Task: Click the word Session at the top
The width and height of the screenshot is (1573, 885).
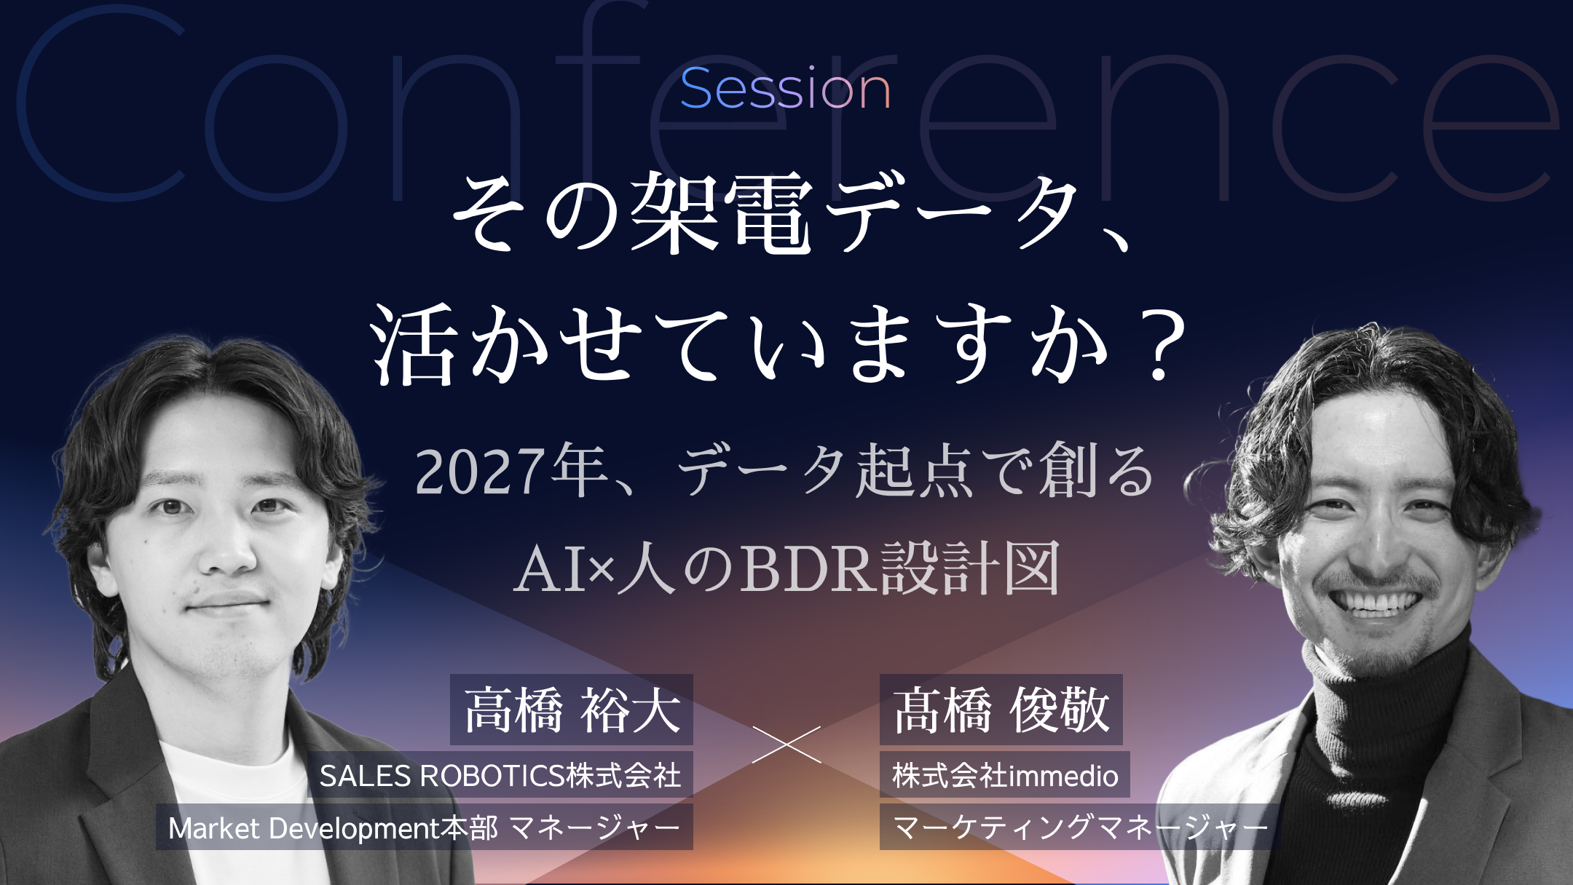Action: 786,89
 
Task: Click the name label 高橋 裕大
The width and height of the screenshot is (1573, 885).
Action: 572,710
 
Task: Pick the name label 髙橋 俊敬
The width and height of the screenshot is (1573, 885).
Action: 1001,710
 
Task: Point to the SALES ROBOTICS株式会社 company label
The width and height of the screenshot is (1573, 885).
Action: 500,775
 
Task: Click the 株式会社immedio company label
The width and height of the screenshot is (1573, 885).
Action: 1005,775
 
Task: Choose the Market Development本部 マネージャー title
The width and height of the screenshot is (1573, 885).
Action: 425,828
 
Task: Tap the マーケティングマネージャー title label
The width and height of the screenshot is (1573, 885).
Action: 1079,828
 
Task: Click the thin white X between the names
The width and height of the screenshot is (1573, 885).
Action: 786,744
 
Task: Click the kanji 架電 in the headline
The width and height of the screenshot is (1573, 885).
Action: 722,213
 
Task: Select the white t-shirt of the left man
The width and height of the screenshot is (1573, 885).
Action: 240,808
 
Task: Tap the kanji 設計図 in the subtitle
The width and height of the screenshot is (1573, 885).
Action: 971,568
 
